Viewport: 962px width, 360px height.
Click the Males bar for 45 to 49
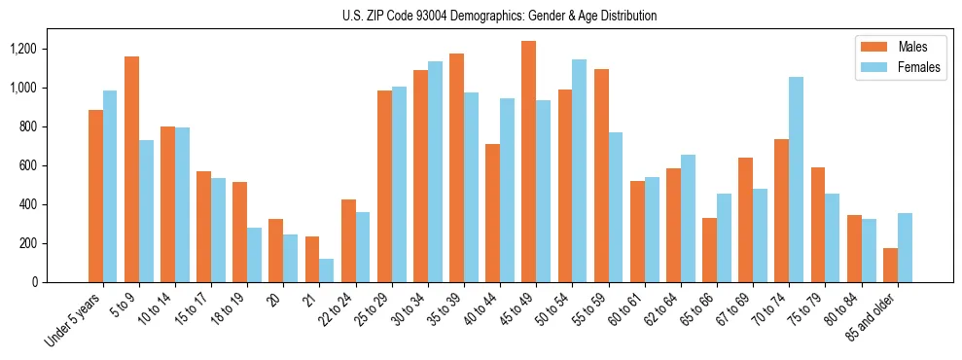(528, 162)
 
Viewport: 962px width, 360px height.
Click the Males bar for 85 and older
(890, 265)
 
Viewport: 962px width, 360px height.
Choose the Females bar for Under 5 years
(110, 186)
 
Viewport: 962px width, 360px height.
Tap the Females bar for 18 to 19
(254, 255)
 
